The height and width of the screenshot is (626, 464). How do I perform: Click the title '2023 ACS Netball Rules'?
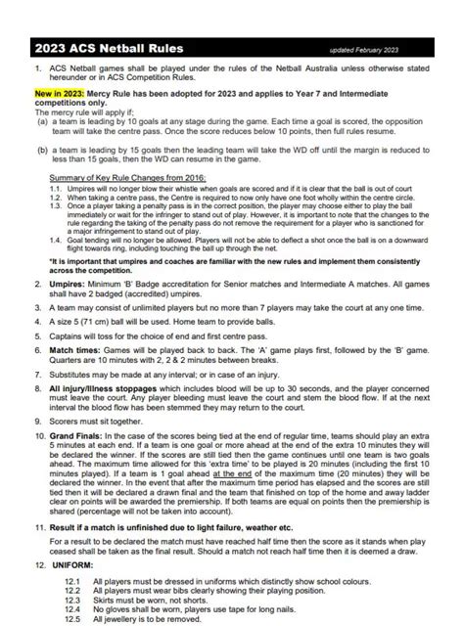[x=108, y=48]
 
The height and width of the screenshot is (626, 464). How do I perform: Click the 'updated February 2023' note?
[x=378, y=49]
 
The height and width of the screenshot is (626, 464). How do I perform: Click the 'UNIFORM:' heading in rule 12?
[x=71, y=565]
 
